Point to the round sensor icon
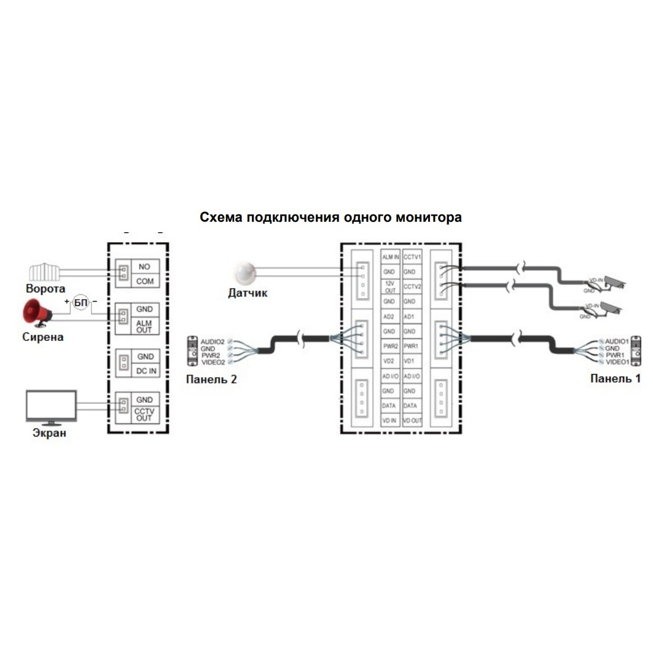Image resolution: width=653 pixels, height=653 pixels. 246,271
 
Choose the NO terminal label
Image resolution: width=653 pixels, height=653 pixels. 144,267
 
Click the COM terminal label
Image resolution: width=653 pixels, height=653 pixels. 144,281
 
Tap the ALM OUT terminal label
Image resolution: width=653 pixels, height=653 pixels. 144,326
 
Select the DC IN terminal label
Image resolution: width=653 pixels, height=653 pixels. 145,370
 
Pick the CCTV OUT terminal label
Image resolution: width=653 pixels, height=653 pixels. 144,414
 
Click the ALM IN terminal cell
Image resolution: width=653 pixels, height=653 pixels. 391,257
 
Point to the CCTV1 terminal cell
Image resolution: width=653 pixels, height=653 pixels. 412,257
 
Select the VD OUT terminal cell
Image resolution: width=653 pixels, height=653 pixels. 412,421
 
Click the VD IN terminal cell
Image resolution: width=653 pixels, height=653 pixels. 389,421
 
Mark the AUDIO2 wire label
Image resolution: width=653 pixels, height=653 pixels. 213,340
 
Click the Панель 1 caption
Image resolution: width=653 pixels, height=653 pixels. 614,378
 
